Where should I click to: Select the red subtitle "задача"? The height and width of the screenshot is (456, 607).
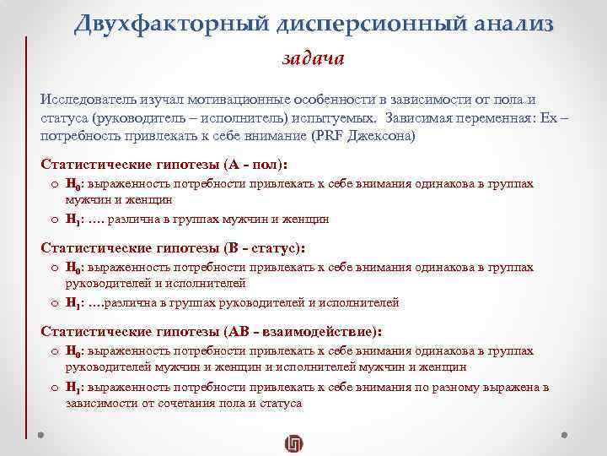(312, 59)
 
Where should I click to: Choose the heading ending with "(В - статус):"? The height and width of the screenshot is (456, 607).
(173, 248)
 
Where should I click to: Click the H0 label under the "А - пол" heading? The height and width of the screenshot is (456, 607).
(73, 184)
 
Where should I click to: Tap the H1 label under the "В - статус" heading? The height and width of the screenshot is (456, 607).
(73, 302)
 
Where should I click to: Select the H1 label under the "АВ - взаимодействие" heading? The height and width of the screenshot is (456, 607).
(73, 387)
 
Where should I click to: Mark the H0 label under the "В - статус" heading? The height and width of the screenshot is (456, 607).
(73, 268)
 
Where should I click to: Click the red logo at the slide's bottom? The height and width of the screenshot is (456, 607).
(294, 443)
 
